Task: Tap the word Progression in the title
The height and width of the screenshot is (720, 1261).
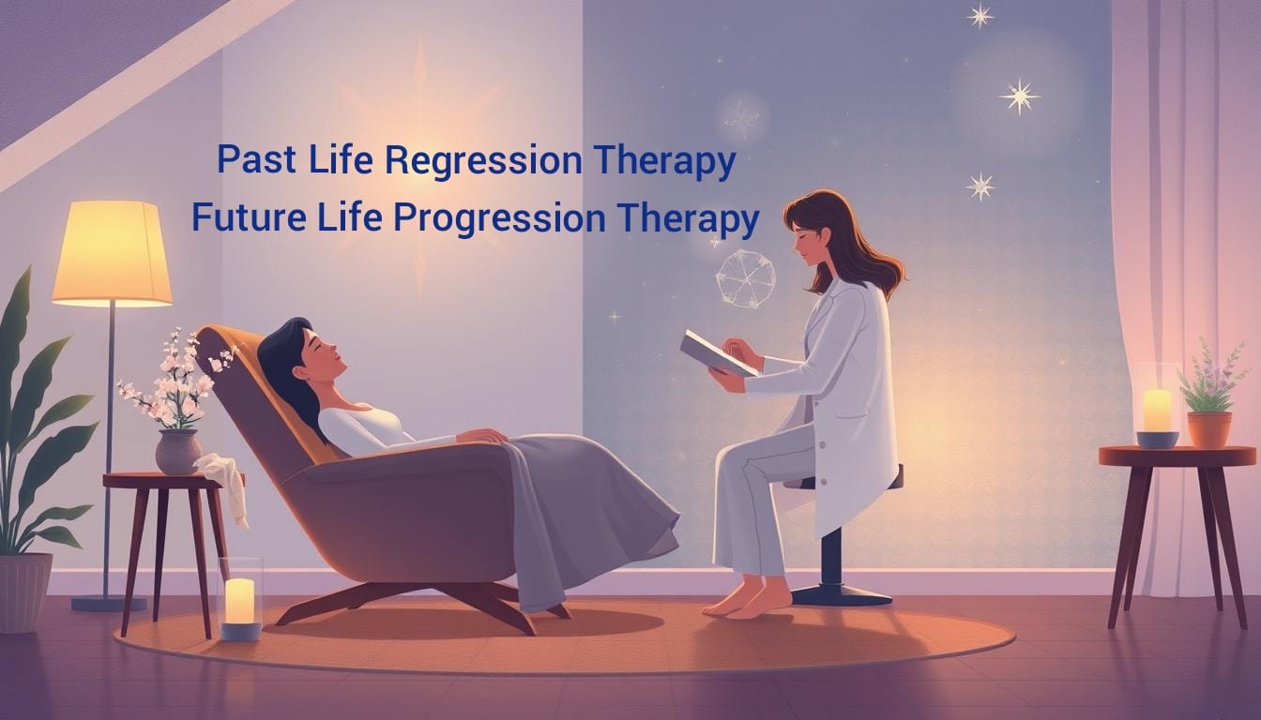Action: [499, 218]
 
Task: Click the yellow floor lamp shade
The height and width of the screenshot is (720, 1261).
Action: [112, 254]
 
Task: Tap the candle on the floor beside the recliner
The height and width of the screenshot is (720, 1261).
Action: [240, 603]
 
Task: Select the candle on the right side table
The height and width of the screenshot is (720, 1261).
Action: [1157, 412]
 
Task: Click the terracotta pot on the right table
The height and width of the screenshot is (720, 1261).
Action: [1209, 429]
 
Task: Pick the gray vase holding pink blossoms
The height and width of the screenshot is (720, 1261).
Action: [178, 452]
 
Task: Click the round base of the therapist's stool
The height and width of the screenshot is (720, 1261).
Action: [841, 594]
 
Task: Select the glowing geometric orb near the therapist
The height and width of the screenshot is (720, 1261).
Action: [745, 279]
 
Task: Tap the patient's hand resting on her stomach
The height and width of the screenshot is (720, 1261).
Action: [481, 435]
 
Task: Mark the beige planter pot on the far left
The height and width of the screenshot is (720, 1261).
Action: [24, 592]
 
